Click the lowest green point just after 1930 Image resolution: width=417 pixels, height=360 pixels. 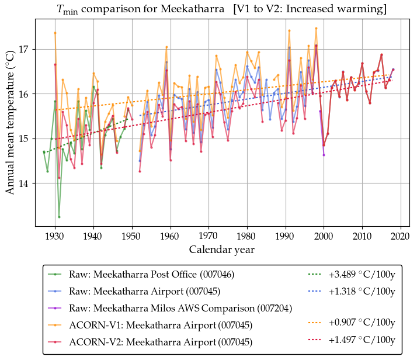point(59,217)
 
